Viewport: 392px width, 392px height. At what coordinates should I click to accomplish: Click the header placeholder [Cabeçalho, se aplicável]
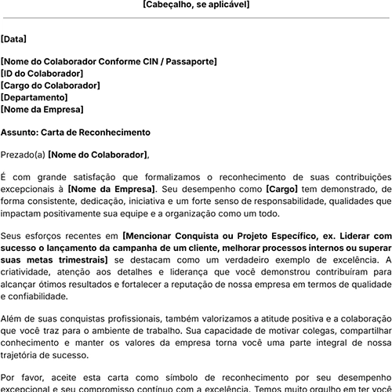pyautogui.click(x=196, y=5)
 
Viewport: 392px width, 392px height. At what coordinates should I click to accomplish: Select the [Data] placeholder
pyautogui.click(x=13, y=38)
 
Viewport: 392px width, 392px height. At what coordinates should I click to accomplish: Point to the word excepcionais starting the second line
pyautogui.click(x=31, y=190)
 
